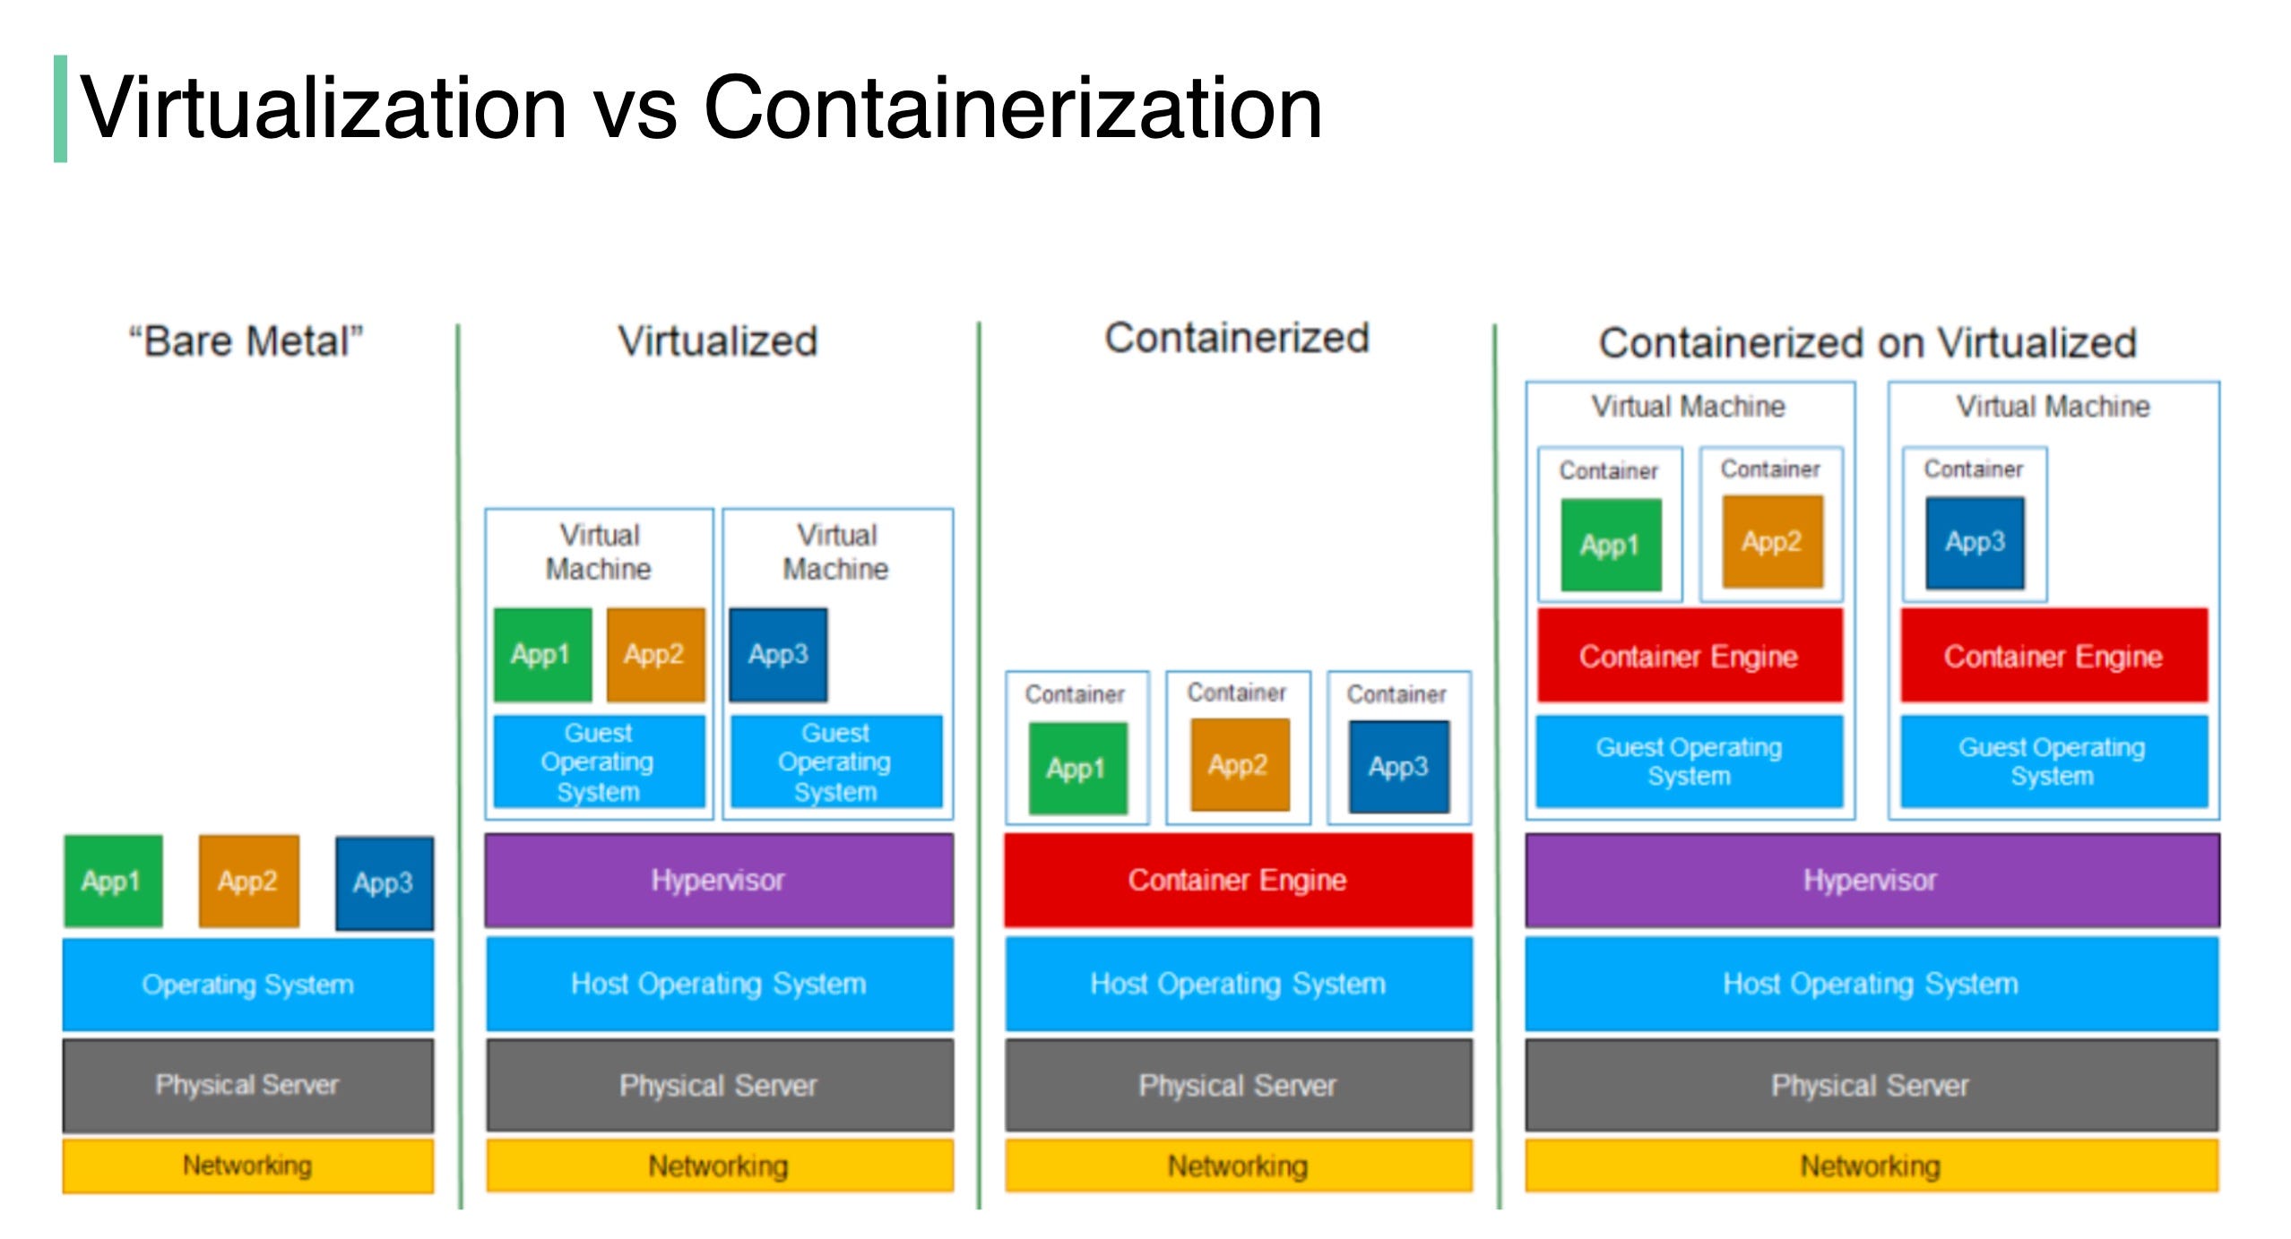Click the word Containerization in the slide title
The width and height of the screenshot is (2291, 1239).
click(x=1013, y=108)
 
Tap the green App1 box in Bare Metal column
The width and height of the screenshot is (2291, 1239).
click(x=113, y=881)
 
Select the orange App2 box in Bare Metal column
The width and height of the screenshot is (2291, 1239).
click(x=248, y=881)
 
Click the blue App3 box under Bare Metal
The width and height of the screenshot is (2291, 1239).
click(x=384, y=882)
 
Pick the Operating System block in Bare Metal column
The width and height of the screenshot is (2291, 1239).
click(x=248, y=984)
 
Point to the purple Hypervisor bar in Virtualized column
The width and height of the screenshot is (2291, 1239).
click(x=718, y=880)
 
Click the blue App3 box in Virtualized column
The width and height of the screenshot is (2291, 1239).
click(x=778, y=654)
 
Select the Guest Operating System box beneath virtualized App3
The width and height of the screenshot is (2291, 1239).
click(x=835, y=761)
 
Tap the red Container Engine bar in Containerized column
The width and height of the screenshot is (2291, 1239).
click(x=1237, y=880)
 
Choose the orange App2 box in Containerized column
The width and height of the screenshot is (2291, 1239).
click(x=1239, y=764)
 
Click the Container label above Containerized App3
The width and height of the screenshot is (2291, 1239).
click(x=1396, y=693)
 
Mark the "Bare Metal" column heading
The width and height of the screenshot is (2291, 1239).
click(x=246, y=341)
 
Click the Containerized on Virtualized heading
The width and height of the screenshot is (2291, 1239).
click(x=1868, y=343)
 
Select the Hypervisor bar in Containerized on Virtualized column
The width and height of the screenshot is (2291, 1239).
click(x=1872, y=880)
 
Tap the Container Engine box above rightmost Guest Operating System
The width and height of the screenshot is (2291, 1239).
click(x=2053, y=656)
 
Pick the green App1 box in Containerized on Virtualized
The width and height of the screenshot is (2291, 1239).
click(x=1610, y=544)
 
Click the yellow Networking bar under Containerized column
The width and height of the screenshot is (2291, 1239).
click(x=1237, y=1166)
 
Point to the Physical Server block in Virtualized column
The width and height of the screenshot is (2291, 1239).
click(x=718, y=1085)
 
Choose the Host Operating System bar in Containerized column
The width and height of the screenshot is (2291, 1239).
click(x=1237, y=984)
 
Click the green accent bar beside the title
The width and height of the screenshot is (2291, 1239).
click(x=60, y=108)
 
